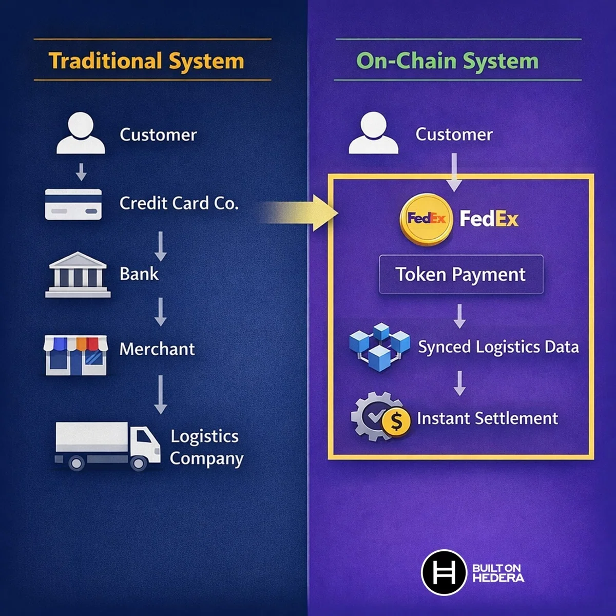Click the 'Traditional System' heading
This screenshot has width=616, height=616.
(146, 61)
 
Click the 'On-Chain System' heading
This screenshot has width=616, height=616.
(448, 61)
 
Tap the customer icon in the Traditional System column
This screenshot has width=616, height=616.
(81, 133)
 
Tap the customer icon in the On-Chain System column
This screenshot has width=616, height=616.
(373, 133)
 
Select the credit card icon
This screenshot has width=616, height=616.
(73, 204)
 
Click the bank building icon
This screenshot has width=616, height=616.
(78, 275)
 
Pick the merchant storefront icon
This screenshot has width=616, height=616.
(75, 355)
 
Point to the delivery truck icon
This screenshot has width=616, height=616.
(107, 447)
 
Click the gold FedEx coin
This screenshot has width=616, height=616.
(426, 219)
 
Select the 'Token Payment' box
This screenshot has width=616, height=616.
(461, 274)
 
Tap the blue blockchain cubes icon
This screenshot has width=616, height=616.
(379, 347)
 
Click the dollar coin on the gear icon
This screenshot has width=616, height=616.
(396, 421)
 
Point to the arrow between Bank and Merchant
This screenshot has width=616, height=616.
(161, 312)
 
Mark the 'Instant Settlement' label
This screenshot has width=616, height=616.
(488, 418)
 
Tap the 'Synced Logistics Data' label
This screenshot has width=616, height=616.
(498, 347)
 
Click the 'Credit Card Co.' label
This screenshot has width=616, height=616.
(179, 203)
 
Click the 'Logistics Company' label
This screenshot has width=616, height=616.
(206, 448)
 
